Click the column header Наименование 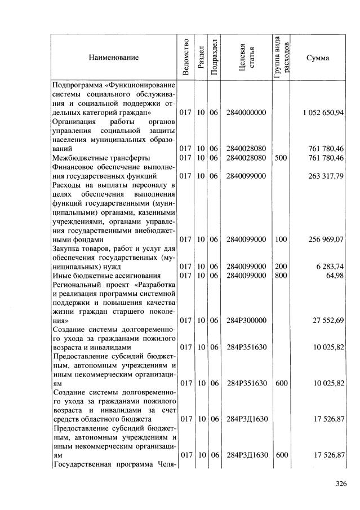click(113, 57)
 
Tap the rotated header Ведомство click(185, 57)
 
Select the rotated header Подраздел click(214, 57)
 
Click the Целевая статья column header click(245, 57)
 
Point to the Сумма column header click(317, 57)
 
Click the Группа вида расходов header click(281, 57)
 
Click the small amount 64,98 click(335, 275)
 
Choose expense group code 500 click(281, 158)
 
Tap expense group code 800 click(281, 275)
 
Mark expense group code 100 click(281, 239)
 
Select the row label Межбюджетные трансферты click(94, 158)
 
